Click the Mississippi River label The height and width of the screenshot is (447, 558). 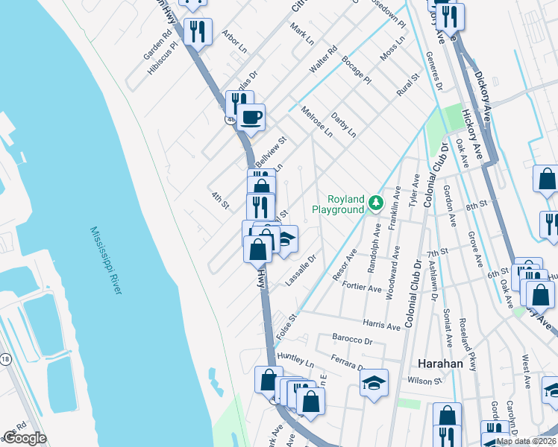pos(104,260)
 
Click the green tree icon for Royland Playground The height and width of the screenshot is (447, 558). pos(377,202)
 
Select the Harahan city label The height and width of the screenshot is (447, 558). pos(440,364)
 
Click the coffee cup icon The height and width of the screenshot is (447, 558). pos(251,117)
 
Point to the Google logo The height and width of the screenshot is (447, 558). pos(25,439)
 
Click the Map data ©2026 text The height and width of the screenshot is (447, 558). pos(526,441)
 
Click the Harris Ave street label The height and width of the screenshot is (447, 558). pos(383,325)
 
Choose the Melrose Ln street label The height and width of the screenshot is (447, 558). pos(317,122)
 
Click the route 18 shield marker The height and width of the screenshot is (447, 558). pos(5,359)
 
